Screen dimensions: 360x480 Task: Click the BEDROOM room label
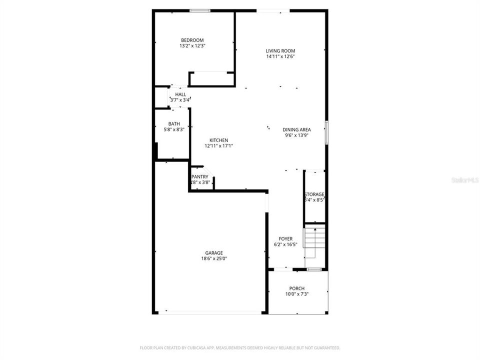(x=192, y=40)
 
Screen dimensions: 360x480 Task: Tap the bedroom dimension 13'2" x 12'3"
(x=192, y=46)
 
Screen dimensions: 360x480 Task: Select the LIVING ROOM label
(x=280, y=50)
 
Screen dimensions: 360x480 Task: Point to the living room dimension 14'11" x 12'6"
(x=280, y=56)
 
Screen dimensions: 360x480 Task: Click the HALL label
(x=180, y=94)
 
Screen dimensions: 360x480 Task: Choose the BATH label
(x=174, y=124)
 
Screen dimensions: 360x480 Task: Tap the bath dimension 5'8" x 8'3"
(x=174, y=130)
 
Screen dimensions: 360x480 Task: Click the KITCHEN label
(x=218, y=140)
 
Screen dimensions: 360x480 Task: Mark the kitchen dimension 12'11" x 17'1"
(x=218, y=146)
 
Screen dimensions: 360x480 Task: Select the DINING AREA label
(x=296, y=129)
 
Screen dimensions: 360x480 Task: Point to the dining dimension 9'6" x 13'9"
(x=296, y=135)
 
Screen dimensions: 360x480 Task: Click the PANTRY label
(x=200, y=176)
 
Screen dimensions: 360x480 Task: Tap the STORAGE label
(x=314, y=194)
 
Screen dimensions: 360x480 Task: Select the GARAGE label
(x=213, y=252)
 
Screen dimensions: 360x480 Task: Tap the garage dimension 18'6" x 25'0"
(x=213, y=258)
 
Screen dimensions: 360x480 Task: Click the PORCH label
(x=296, y=288)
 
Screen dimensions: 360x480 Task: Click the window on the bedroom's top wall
(x=199, y=10)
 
